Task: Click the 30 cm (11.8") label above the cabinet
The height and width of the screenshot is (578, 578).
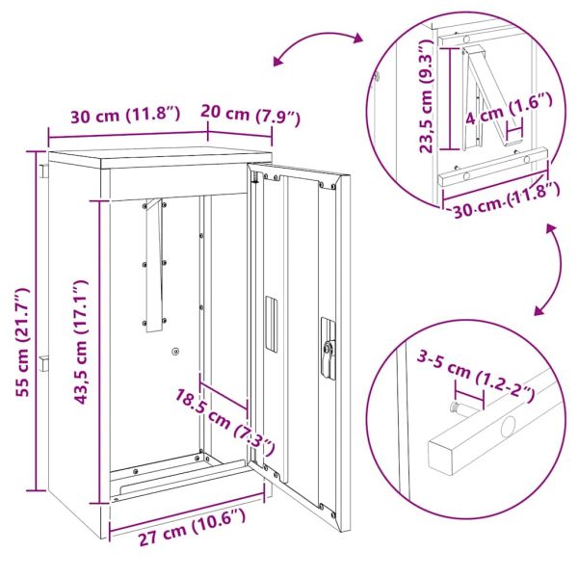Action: click(x=125, y=115)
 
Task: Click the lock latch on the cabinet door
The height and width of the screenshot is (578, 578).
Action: click(x=328, y=353)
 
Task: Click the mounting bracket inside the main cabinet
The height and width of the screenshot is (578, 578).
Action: click(x=154, y=266)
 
